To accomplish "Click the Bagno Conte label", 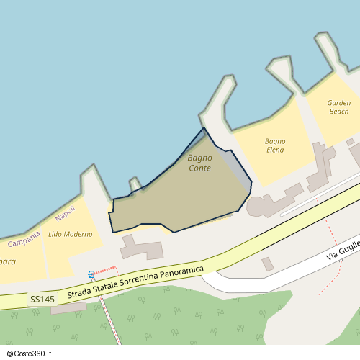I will click(199, 163).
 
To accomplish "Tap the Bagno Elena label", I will click(275, 145).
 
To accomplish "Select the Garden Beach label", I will click(338, 107).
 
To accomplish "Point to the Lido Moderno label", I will click(71, 234).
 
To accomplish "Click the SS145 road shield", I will click(42, 298).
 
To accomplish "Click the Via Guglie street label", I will click(341, 252).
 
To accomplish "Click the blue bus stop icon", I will click(91, 274).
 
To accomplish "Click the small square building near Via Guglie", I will click(268, 264).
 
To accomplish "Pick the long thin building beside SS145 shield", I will click(68, 308).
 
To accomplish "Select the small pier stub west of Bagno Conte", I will click(135, 185).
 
